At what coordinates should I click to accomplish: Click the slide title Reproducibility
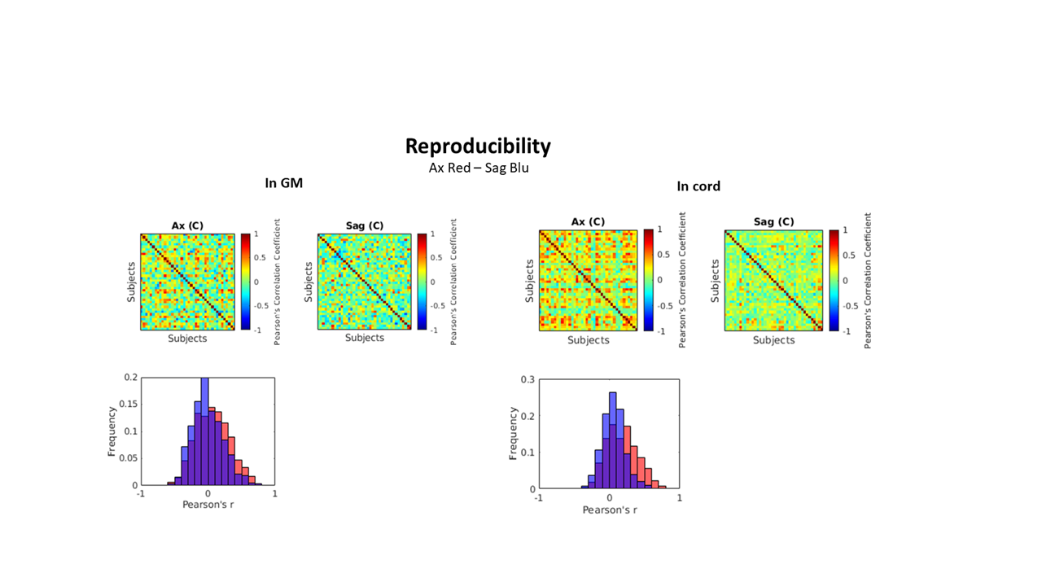click(478, 146)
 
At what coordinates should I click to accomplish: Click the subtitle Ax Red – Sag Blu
click(479, 168)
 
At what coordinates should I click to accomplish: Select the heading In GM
click(283, 184)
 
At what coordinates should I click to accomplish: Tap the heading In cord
click(698, 186)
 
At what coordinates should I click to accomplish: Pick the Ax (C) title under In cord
click(588, 221)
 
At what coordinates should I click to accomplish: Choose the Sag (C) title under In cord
click(773, 221)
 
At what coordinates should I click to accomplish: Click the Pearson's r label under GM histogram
click(208, 505)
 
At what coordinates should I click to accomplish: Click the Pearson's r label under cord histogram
click(609, 509)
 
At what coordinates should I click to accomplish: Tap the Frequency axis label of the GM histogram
click(115, 431)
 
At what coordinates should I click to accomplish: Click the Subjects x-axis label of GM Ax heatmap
click(187, 339)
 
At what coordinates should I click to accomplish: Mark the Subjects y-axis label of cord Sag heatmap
click(716, 281)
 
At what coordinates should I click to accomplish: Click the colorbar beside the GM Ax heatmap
click(245, 282)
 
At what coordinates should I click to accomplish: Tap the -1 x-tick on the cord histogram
click(538, 497)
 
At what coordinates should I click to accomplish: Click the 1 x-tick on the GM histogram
click(274, 493)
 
